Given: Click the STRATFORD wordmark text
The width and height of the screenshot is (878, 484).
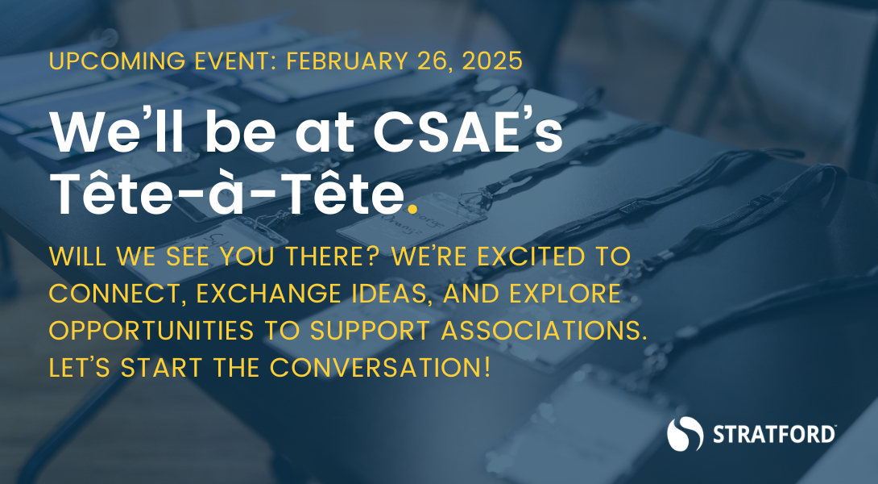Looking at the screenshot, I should click(x=773, y=436).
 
